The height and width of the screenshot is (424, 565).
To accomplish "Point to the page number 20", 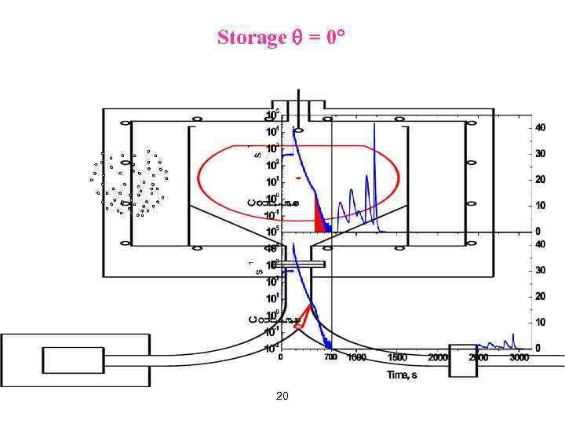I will (x=282, y=397).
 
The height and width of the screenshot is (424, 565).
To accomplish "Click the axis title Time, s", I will (x=402, y=375).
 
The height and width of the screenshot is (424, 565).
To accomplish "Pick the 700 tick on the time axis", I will (x=330, y=357).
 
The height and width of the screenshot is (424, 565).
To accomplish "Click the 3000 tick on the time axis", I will (x=519, y=357).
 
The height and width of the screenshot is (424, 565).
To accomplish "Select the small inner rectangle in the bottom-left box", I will (x=73, y=360).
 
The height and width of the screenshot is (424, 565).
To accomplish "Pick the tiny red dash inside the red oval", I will (x=298, y=178).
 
